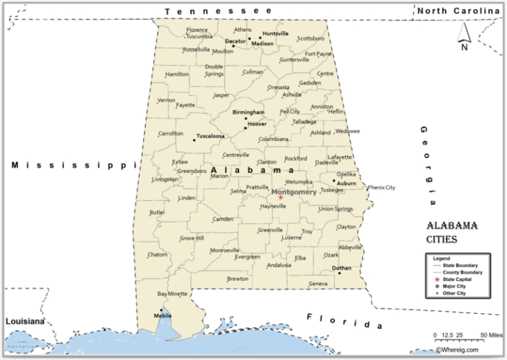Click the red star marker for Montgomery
281,197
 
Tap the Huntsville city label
275,33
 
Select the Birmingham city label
248,112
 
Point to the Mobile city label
162,315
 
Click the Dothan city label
341,268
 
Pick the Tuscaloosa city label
211,136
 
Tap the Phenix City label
382,188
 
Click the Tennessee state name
219,11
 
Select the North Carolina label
458,11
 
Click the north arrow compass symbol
464,36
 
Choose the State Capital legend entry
457,279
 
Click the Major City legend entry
454,286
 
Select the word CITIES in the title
442,238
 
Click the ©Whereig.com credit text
459,351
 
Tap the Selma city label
238,192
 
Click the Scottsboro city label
310,38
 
